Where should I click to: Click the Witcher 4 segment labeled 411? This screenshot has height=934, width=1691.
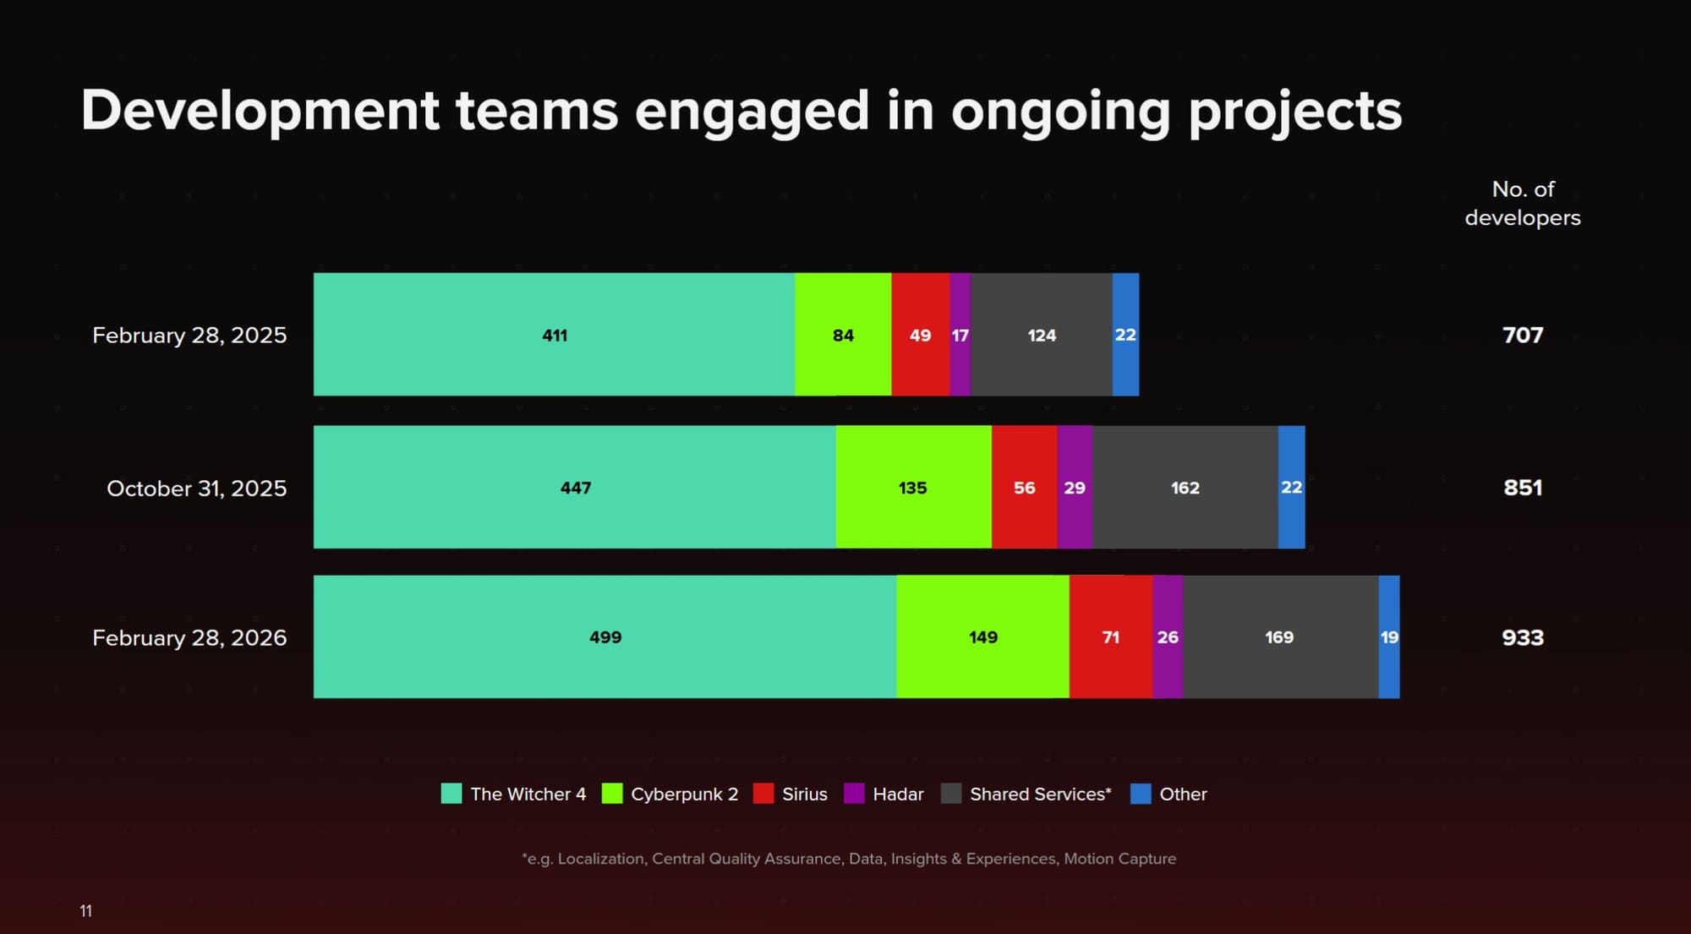554,335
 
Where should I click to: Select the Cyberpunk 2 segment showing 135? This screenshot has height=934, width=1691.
913,488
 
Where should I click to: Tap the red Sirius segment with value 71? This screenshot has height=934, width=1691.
1110,637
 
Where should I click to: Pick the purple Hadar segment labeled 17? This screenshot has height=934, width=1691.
960,335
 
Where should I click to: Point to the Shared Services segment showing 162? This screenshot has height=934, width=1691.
1185,488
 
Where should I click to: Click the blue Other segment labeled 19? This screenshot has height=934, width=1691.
1389,637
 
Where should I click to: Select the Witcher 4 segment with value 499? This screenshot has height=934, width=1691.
605,637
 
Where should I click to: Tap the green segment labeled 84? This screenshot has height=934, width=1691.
843,335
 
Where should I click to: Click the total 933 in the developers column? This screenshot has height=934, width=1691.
1523,637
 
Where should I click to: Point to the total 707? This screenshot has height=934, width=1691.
1523,335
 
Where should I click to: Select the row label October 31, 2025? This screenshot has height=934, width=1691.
196,489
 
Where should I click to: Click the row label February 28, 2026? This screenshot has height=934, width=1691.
189,638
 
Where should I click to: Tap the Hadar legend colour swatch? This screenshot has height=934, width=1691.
854,794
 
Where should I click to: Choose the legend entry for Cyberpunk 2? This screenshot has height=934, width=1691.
684,795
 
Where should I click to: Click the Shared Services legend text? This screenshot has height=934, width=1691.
1040,795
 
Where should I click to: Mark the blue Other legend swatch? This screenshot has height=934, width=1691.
1141,794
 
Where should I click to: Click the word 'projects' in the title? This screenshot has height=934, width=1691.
1294,112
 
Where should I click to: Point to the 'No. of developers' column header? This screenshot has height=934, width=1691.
1523,203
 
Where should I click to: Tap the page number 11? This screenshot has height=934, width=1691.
85,910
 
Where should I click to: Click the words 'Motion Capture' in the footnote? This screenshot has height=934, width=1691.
1119,859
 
